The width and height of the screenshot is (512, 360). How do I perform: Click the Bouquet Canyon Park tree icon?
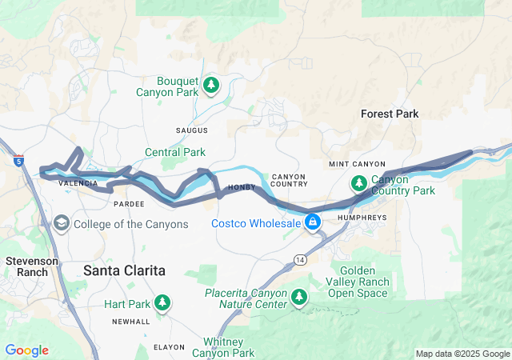click(211, 85)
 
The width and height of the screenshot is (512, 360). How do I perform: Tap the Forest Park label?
click(390, 114)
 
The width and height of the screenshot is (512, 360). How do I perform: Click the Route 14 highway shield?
click(299, 260)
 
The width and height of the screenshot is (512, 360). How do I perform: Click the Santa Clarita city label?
click(124, 271)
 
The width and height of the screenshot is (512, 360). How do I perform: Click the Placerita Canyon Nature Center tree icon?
click(299, 298)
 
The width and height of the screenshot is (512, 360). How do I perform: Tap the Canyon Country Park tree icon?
click(359, 183)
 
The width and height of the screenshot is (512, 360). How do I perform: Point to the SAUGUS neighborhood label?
click(191, 130)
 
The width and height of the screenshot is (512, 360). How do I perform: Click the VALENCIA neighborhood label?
click(78, 183)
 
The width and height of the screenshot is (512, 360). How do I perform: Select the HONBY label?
click(242, 187)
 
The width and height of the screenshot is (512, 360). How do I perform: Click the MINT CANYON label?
click(357, 164)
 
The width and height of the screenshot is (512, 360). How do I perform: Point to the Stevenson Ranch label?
click(32, 266)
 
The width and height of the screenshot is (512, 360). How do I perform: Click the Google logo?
click(26, 350)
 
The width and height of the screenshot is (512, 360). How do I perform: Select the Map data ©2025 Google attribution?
click(462, 354)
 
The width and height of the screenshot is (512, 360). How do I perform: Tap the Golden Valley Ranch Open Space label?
click(359, 282)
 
